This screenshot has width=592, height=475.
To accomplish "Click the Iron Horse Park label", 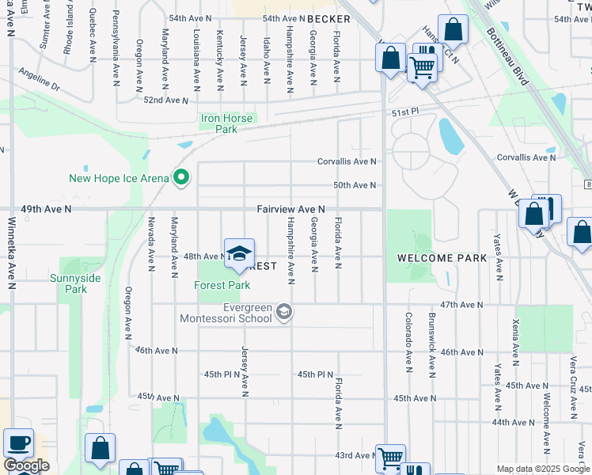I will pyautogui.click(x=226, y=123).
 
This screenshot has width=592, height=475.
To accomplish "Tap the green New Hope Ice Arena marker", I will pyautogui.click(x=180, y=178).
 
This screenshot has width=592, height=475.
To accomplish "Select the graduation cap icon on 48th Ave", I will pyautogui.click(x=238, y=253).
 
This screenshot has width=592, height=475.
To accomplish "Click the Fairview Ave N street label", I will pyautogui.click(x=290, y=209).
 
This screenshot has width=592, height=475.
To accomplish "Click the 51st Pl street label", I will pyautogui.click(x=404, y=113).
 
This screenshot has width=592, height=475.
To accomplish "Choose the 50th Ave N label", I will pyautogui.click(x=354, y=185).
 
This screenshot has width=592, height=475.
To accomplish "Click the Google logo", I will pyautogui.click(x=26, y=465).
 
